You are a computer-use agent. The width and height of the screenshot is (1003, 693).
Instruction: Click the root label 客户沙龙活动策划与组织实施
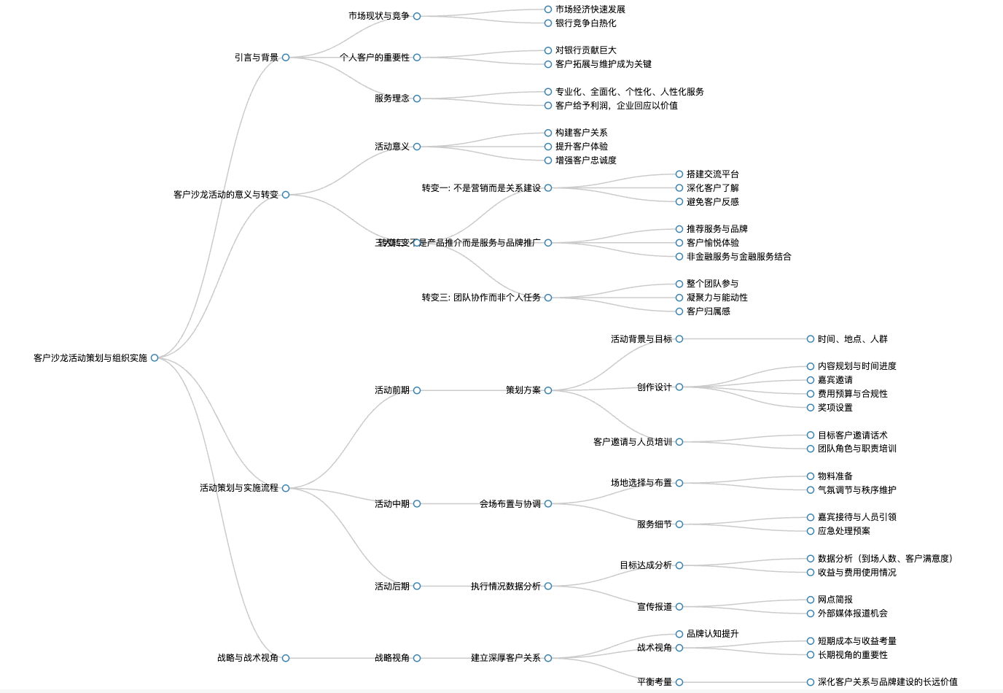(90, 358)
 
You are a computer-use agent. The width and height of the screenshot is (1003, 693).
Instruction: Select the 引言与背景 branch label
(257, 58)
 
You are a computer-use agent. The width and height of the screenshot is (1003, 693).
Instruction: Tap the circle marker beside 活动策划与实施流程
(286, 488)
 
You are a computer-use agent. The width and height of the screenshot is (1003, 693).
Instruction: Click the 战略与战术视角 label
(248, 658)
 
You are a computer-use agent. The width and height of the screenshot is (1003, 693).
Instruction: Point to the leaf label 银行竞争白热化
(586, 23)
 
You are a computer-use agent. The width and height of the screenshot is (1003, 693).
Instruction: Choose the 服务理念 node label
(392, 98)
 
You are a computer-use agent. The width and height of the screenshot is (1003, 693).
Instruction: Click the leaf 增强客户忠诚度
(586, 160)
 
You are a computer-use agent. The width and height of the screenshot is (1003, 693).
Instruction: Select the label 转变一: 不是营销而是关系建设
(481, 188)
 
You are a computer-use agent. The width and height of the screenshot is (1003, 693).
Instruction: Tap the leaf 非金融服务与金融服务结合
(739, 257)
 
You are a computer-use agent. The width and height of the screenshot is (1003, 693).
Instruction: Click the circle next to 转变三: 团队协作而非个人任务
(548, 298)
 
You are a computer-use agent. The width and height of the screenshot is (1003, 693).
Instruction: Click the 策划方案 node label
(523, 390)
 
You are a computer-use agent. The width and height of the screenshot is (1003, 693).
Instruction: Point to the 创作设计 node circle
(679, 387)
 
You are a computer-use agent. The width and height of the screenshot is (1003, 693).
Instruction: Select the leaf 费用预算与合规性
(853, 394)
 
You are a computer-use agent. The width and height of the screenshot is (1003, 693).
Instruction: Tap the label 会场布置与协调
(510, 504)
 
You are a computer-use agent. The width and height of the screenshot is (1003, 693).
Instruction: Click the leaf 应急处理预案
(844, 531)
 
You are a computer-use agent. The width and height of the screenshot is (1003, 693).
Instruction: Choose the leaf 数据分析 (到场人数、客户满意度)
(885, 559)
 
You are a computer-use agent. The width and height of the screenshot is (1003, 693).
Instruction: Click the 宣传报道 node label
(655, 607)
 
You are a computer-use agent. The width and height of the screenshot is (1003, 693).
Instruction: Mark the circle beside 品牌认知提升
(679, 634)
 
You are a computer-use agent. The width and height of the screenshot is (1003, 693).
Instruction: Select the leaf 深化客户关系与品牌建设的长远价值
(888, 682)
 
